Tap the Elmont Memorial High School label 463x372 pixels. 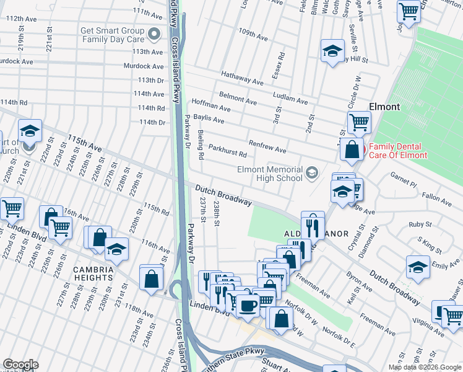[x=270, y=174]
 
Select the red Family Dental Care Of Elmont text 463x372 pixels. [x=398, y=151]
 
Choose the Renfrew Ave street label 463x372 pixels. [x=267, y=146]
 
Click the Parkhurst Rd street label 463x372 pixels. [x=228, y=151]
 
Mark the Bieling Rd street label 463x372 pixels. [x=200, y=145]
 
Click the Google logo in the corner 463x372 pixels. [x=20, y=365]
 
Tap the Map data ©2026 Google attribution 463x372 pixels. [x=424, y=367]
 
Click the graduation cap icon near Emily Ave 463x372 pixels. [x=418, y=267]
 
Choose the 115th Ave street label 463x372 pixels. [x=84, y=146]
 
